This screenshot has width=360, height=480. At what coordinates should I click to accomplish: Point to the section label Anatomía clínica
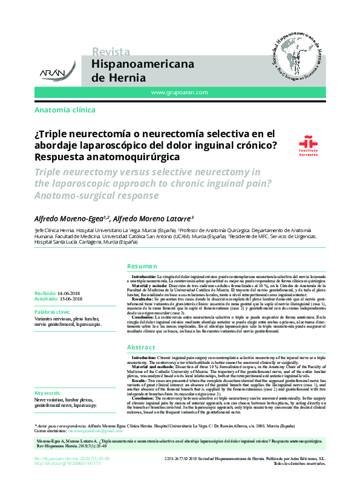click(65, 110)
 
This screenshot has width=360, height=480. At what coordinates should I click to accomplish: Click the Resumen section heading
click(142, 267)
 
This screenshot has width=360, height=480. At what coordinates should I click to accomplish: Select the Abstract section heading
click(142, 347)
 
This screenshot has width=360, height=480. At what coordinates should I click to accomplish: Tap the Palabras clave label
click(54, 311)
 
